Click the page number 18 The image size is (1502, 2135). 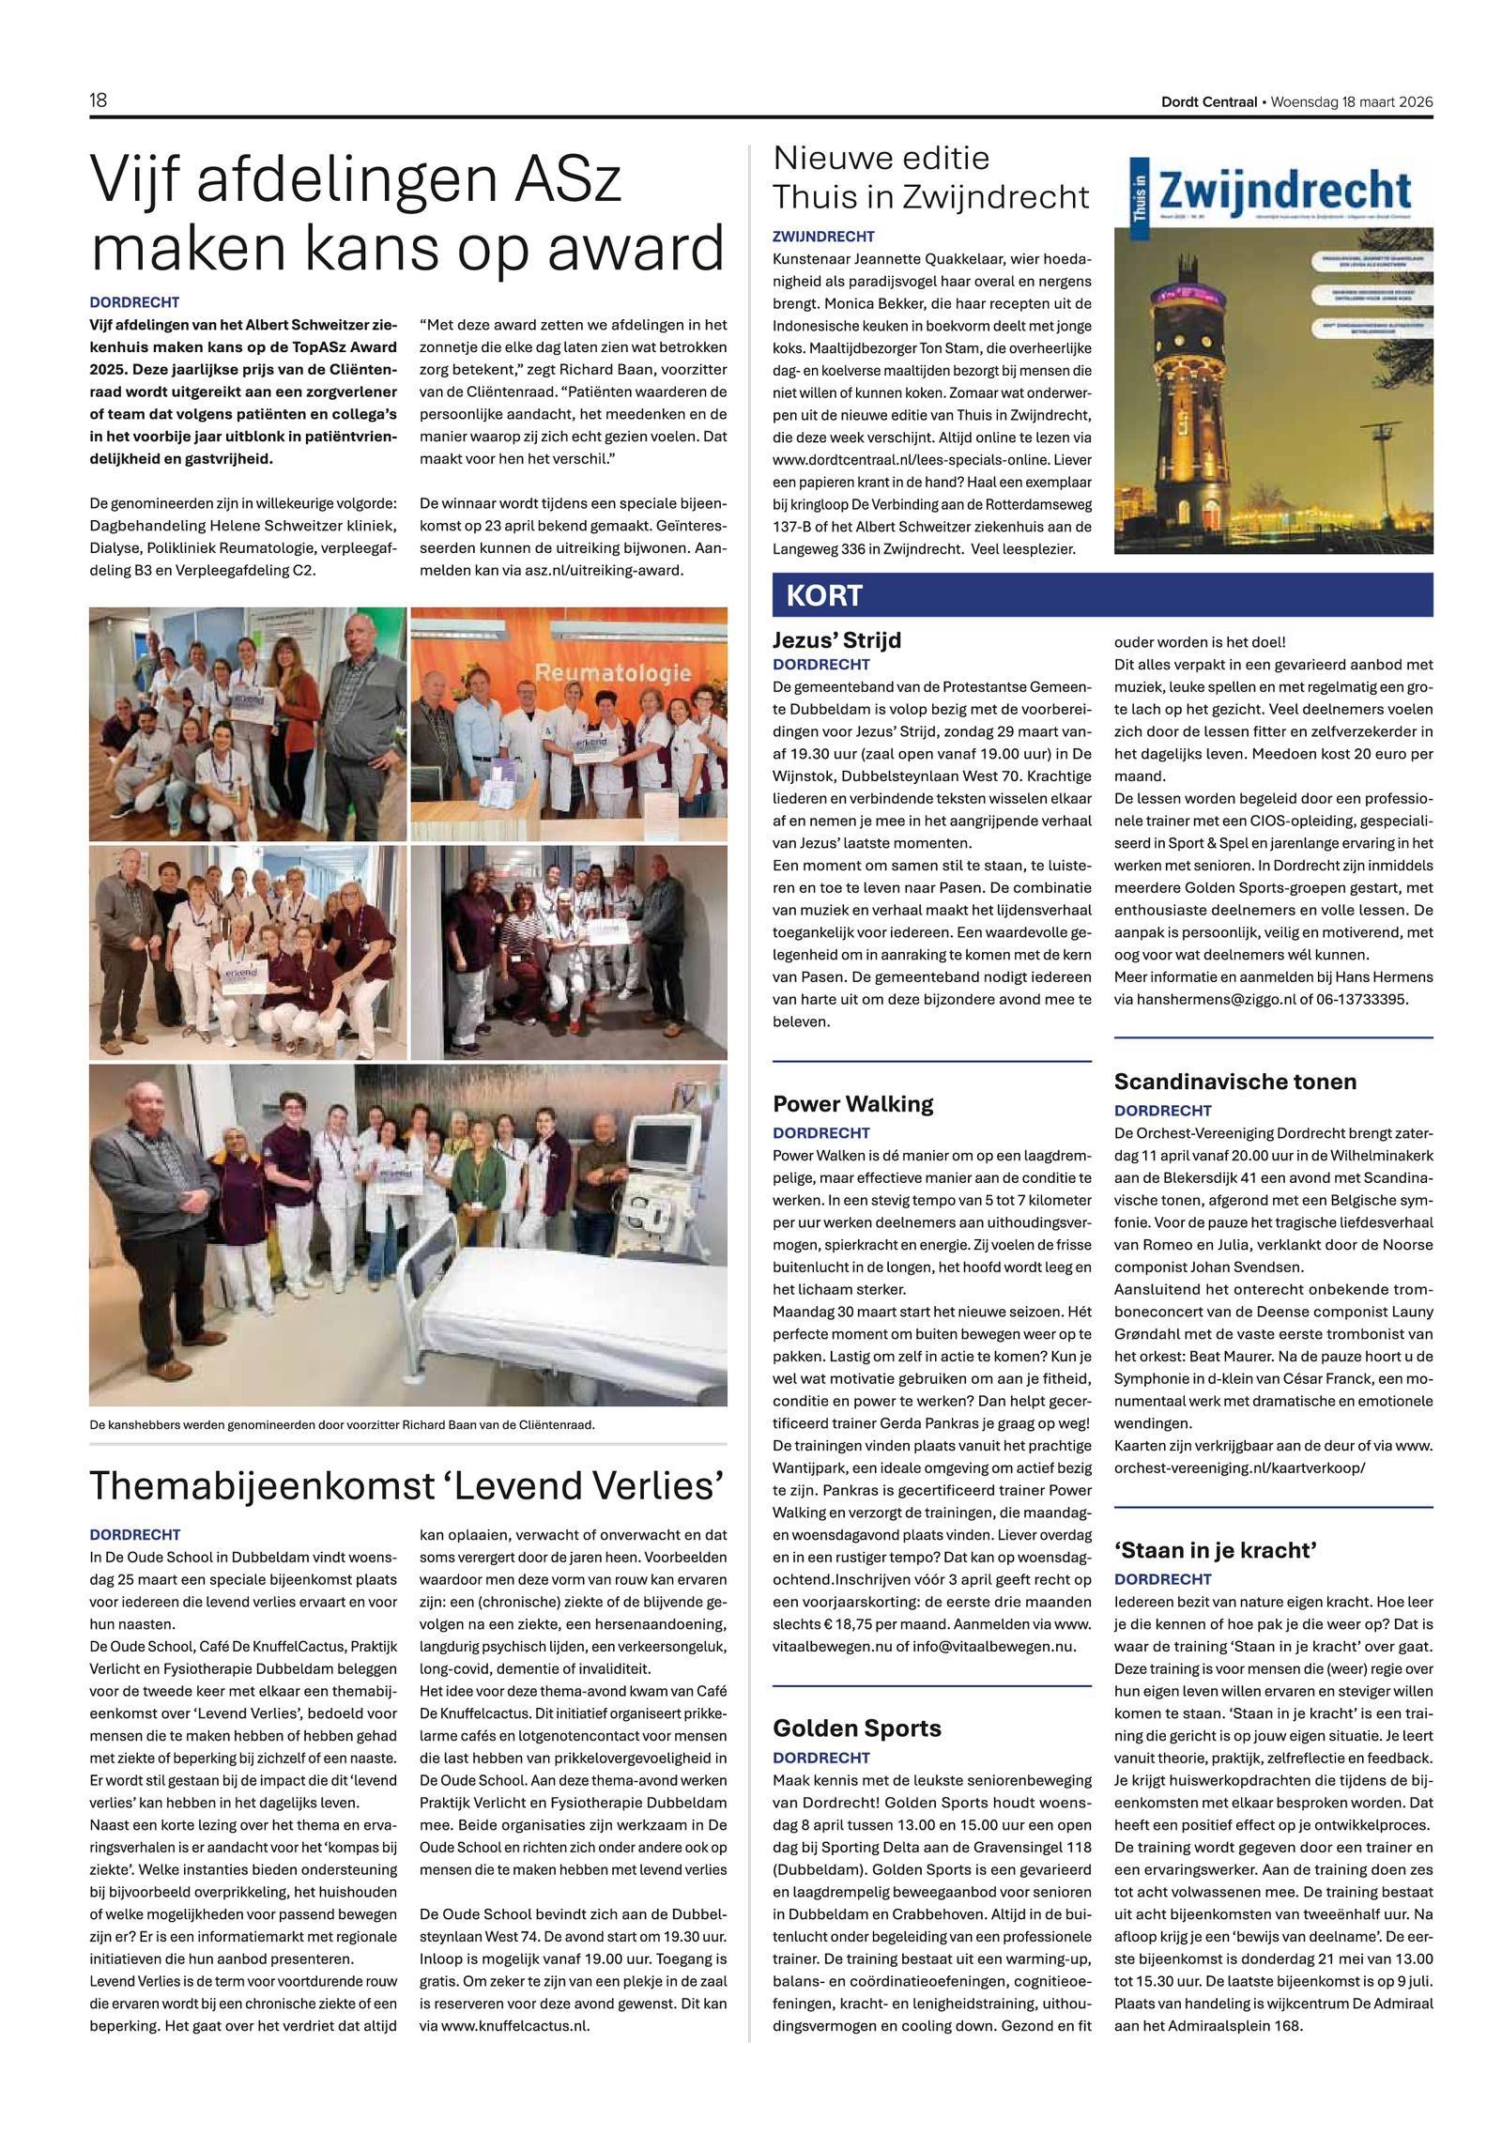pyautogui.click(x=98, y=100)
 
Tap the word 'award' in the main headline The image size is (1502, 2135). pyautogui.click(x=636, y=248)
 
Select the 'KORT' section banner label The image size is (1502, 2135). pyautogui.click(x=823, y=595)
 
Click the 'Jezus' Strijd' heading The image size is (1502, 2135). pyautogui.click(x=836, y=640)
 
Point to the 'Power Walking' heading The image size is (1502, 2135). pyautogui.click(x=852, y=1103)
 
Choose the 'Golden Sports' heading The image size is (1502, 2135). pyautogui.click(x=856, y=1728)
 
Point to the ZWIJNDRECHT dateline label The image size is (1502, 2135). pyautogui.click(x=823, y=237)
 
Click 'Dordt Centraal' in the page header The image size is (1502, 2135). pyautogui.click(x=1208, y=102)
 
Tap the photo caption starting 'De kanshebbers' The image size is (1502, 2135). pyautogui.click(x=342, y=1424)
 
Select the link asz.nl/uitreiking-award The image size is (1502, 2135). pyautogui.click(x=604, y=570)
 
